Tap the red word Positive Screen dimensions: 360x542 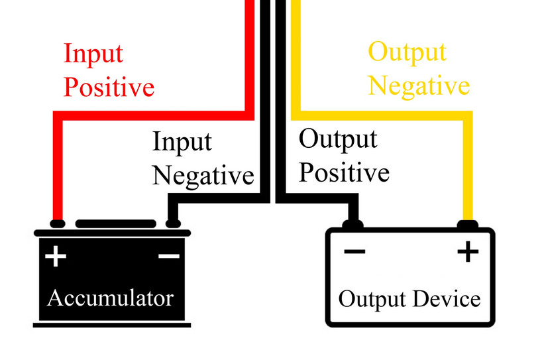click(109, 87)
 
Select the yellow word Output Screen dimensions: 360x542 click(407, 52)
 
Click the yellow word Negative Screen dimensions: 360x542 click(419, 86)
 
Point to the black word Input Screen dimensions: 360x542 click(182, 142)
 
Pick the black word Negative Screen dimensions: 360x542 click(203, 176)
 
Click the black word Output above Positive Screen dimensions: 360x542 click(338, 140)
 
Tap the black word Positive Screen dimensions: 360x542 click(343, 173)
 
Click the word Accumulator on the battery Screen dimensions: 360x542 click(110, 298)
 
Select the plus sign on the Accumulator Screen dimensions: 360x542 click(56, 256)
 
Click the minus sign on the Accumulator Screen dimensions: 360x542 click(168, 256)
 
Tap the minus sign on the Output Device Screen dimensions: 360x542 click(354, 251)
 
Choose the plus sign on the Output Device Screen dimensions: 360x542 click(468, 251)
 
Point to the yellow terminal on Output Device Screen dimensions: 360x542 click(468, 224)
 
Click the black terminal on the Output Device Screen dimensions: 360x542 click(352, 225)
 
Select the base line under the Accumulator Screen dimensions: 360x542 click(111, 325)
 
